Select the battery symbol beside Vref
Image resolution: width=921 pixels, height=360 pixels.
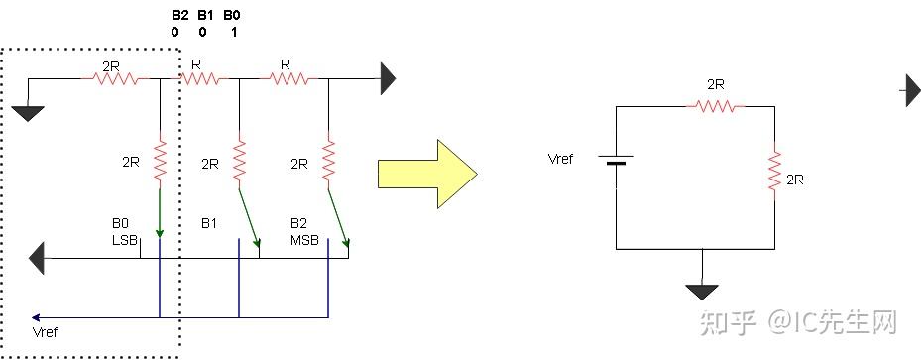click(x=616, y=170)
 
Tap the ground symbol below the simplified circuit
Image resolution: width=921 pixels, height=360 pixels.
click(x=702, y=291)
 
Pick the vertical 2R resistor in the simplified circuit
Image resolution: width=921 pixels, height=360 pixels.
click(x=774, y=174)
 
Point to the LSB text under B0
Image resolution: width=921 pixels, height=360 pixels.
click(x=124, y=240)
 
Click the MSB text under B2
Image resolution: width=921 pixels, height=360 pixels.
click(x=303, y=240)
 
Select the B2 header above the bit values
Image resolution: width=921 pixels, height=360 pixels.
click(x=178, y=15)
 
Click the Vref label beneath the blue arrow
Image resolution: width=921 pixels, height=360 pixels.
click(x=46, y=331)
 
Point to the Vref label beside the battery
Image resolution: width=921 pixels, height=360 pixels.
click(x=562, y=159)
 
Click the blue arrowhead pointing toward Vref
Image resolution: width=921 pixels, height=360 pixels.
click(x=36, y=318)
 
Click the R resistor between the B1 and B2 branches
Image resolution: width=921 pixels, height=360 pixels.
click(x=285, y=78)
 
